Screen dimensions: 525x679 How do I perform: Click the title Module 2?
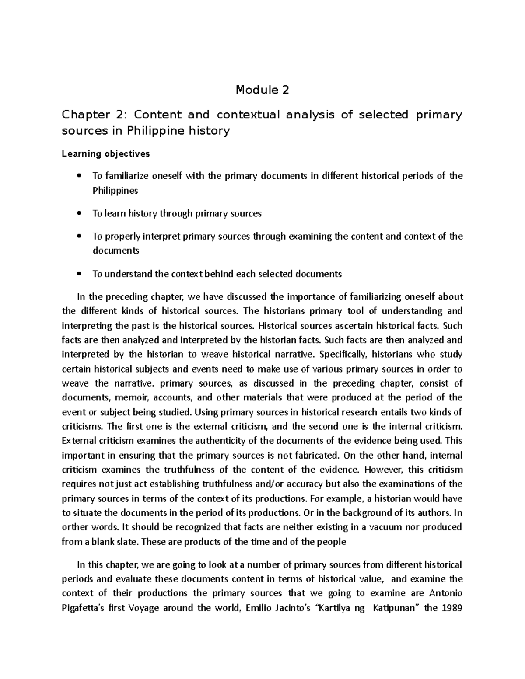coord(262,90)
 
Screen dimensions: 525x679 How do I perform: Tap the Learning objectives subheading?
coord(105,154)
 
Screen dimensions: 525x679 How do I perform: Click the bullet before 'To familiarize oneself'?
coord(79,176)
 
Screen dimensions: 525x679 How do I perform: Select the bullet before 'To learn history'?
coord(79,214)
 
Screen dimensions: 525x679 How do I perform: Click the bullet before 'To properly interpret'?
coord(79,237)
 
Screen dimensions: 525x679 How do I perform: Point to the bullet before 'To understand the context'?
coord(79,275)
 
